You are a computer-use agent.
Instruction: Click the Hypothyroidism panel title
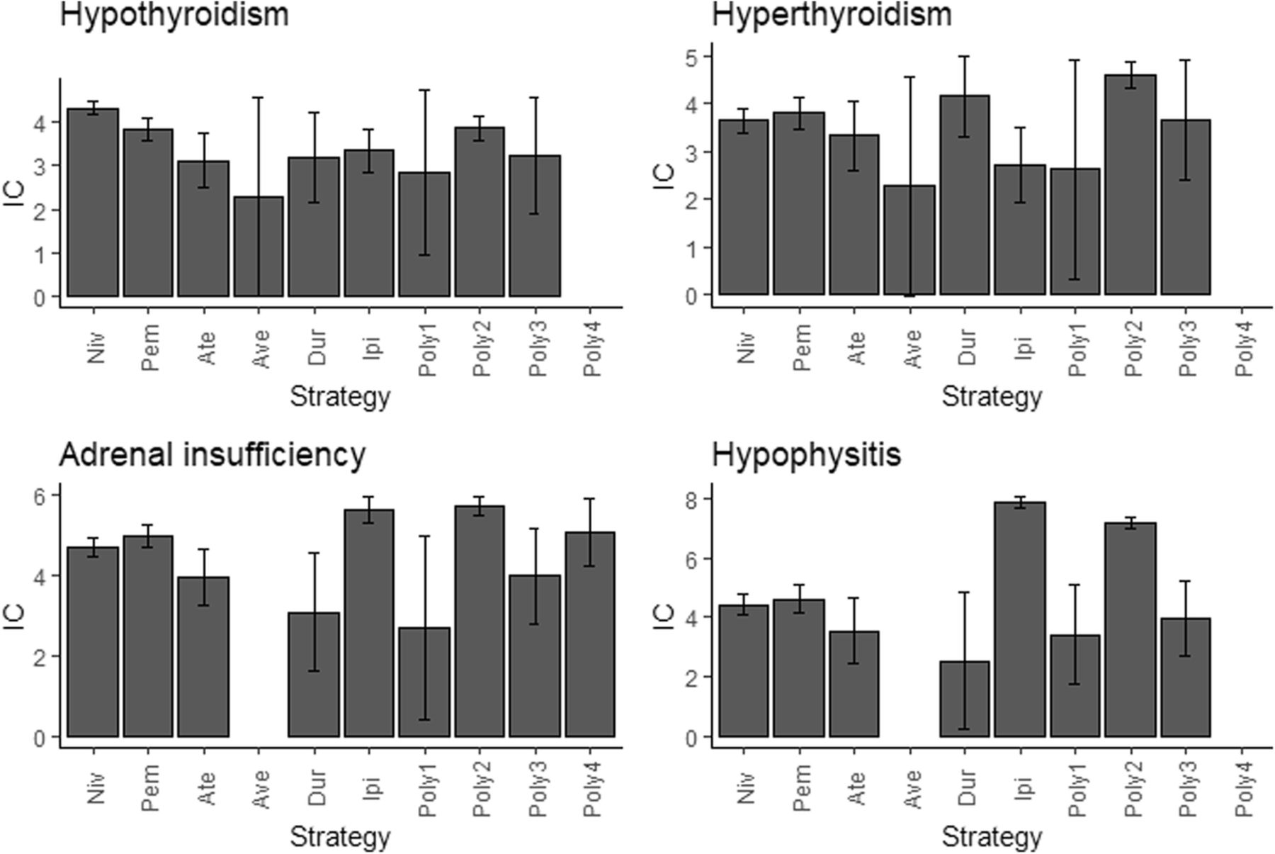(x=174, y=14)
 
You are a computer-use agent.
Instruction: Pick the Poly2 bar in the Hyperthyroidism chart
(x=1130, y=185)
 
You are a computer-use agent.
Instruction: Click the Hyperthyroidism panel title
(x=831, y=14)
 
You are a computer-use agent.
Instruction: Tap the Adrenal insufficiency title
(x=212, y=455)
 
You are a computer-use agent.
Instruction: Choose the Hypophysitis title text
(x=805, y=455)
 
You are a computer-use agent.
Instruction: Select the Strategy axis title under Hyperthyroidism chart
(x=992, y=397)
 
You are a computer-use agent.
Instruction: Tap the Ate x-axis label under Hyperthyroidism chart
(x=856, y=348)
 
